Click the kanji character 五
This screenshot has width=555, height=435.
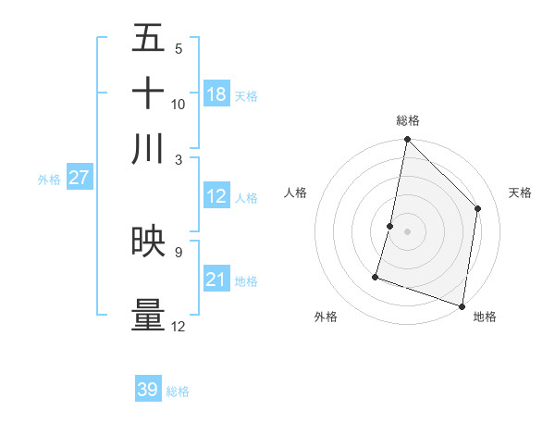tap(148, 39)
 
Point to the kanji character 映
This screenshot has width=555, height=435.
tap(148, 241)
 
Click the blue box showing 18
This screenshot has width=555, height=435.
tap(216, 94)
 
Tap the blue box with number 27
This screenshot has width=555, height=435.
tap(79, 178)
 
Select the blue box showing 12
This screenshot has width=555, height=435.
tap(216, 196)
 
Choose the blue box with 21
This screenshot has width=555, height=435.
tap(216, 279)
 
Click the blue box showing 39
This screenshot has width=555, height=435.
tap(148, 390)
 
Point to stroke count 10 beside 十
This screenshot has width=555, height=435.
tap(179, 105)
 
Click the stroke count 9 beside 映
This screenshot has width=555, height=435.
tap(179, 251)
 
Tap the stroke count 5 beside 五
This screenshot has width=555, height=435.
tap(179, 49)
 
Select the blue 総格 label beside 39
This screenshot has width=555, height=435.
tap(178, 391)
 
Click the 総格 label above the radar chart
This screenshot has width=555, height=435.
tap(408, 120)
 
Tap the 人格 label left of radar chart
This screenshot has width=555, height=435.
tap(296, 193)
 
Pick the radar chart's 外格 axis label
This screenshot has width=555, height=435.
tap(326, 317)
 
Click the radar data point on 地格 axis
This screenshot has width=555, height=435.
tap(462, 305)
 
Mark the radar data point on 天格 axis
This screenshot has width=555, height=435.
tap(478, 208)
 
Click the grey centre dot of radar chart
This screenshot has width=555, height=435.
tap(407, 230)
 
